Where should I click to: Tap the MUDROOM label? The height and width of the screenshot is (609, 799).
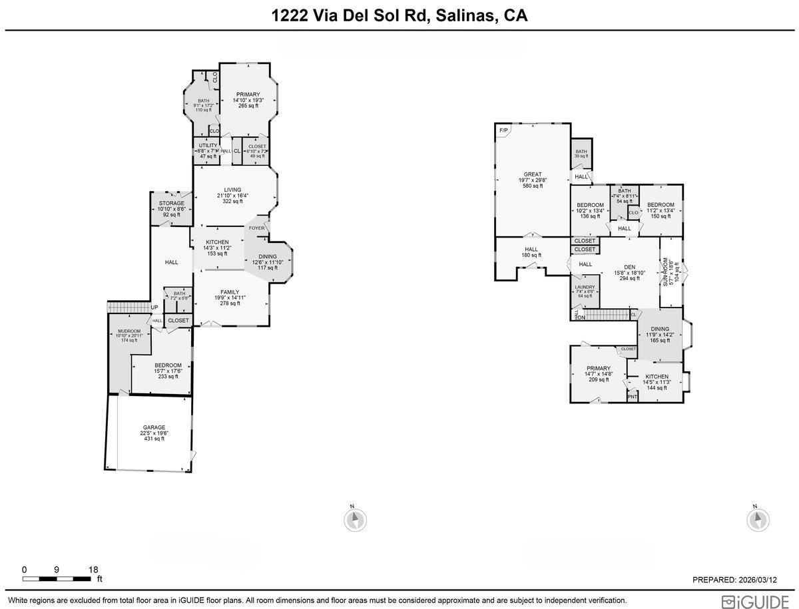tap(129, 331)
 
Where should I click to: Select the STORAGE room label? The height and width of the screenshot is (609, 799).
tap(171, 203)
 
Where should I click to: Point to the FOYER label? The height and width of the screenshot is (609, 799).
tap(257, 228)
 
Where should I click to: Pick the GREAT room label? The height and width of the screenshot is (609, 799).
tap(532, 174)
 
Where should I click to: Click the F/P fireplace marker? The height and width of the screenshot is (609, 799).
tap(503, 131)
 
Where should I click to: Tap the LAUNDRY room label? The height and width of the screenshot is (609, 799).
tap(585, 288)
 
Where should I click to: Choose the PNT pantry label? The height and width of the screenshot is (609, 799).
tap(633, 397)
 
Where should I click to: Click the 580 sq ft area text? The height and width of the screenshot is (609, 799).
tap(532, 186)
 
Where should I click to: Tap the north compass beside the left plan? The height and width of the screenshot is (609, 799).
tap(356, 518)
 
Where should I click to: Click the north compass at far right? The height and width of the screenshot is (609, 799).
tap(758, 518)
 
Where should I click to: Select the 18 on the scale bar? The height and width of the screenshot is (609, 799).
tap(93, 570)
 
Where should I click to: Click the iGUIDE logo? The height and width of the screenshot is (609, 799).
tap(757, 601)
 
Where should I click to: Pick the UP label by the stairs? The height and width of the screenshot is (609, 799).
tap(154, 307)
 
